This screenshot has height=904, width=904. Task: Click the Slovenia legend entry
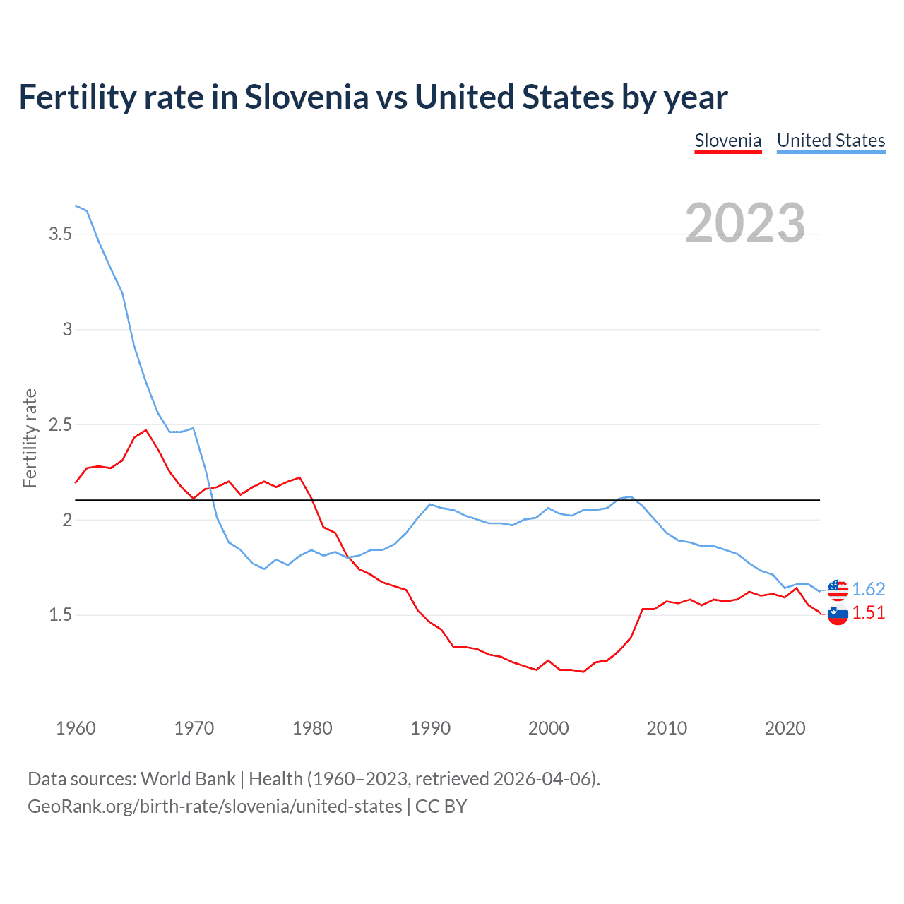tap(727, 141)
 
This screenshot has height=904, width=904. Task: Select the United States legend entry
tap(831, 141)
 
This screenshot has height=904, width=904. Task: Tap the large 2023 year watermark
tap(744, 223)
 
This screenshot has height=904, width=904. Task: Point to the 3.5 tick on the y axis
tap(60, 234)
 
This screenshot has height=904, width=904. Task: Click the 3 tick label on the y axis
tap(67, 329)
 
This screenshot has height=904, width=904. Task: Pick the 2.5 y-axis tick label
tap(60, 424)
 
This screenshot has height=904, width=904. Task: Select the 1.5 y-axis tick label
tap(60, 615)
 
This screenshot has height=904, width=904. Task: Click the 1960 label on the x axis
tap(76, 728)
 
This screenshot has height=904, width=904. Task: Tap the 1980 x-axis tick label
tap(312, 728)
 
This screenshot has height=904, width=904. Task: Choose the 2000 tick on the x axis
tap(548, 728)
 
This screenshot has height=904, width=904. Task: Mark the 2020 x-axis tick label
tap(785, 728)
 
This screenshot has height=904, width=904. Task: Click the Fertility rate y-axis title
tap(30, 438)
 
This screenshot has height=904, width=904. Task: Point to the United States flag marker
tap(837, 589)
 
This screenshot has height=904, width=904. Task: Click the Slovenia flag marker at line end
tap(837, 614)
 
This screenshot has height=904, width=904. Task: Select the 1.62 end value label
tap(868, 589)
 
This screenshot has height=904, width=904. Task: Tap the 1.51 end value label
tap(868, 612)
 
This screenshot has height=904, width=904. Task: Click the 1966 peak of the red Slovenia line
tap(146, 429)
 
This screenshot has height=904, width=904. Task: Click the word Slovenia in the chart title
tap(307, 97)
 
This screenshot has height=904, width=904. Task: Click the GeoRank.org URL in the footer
tap(215, 806)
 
